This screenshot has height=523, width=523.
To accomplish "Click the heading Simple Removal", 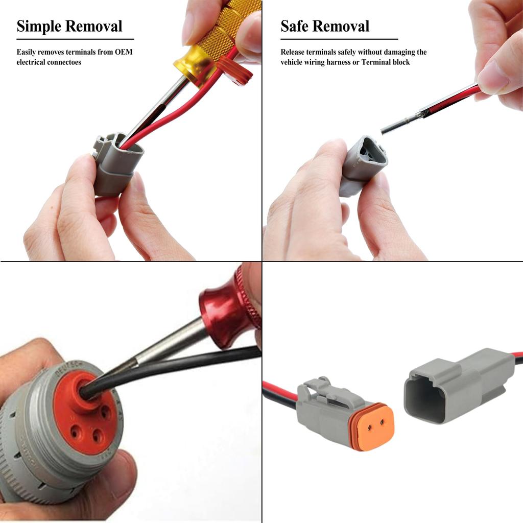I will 69,26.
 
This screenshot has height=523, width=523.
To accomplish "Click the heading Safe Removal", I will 325,26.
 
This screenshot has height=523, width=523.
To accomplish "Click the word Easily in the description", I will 26,52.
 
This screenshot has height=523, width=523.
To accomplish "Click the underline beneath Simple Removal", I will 75,39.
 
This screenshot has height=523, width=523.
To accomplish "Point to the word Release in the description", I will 292,52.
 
